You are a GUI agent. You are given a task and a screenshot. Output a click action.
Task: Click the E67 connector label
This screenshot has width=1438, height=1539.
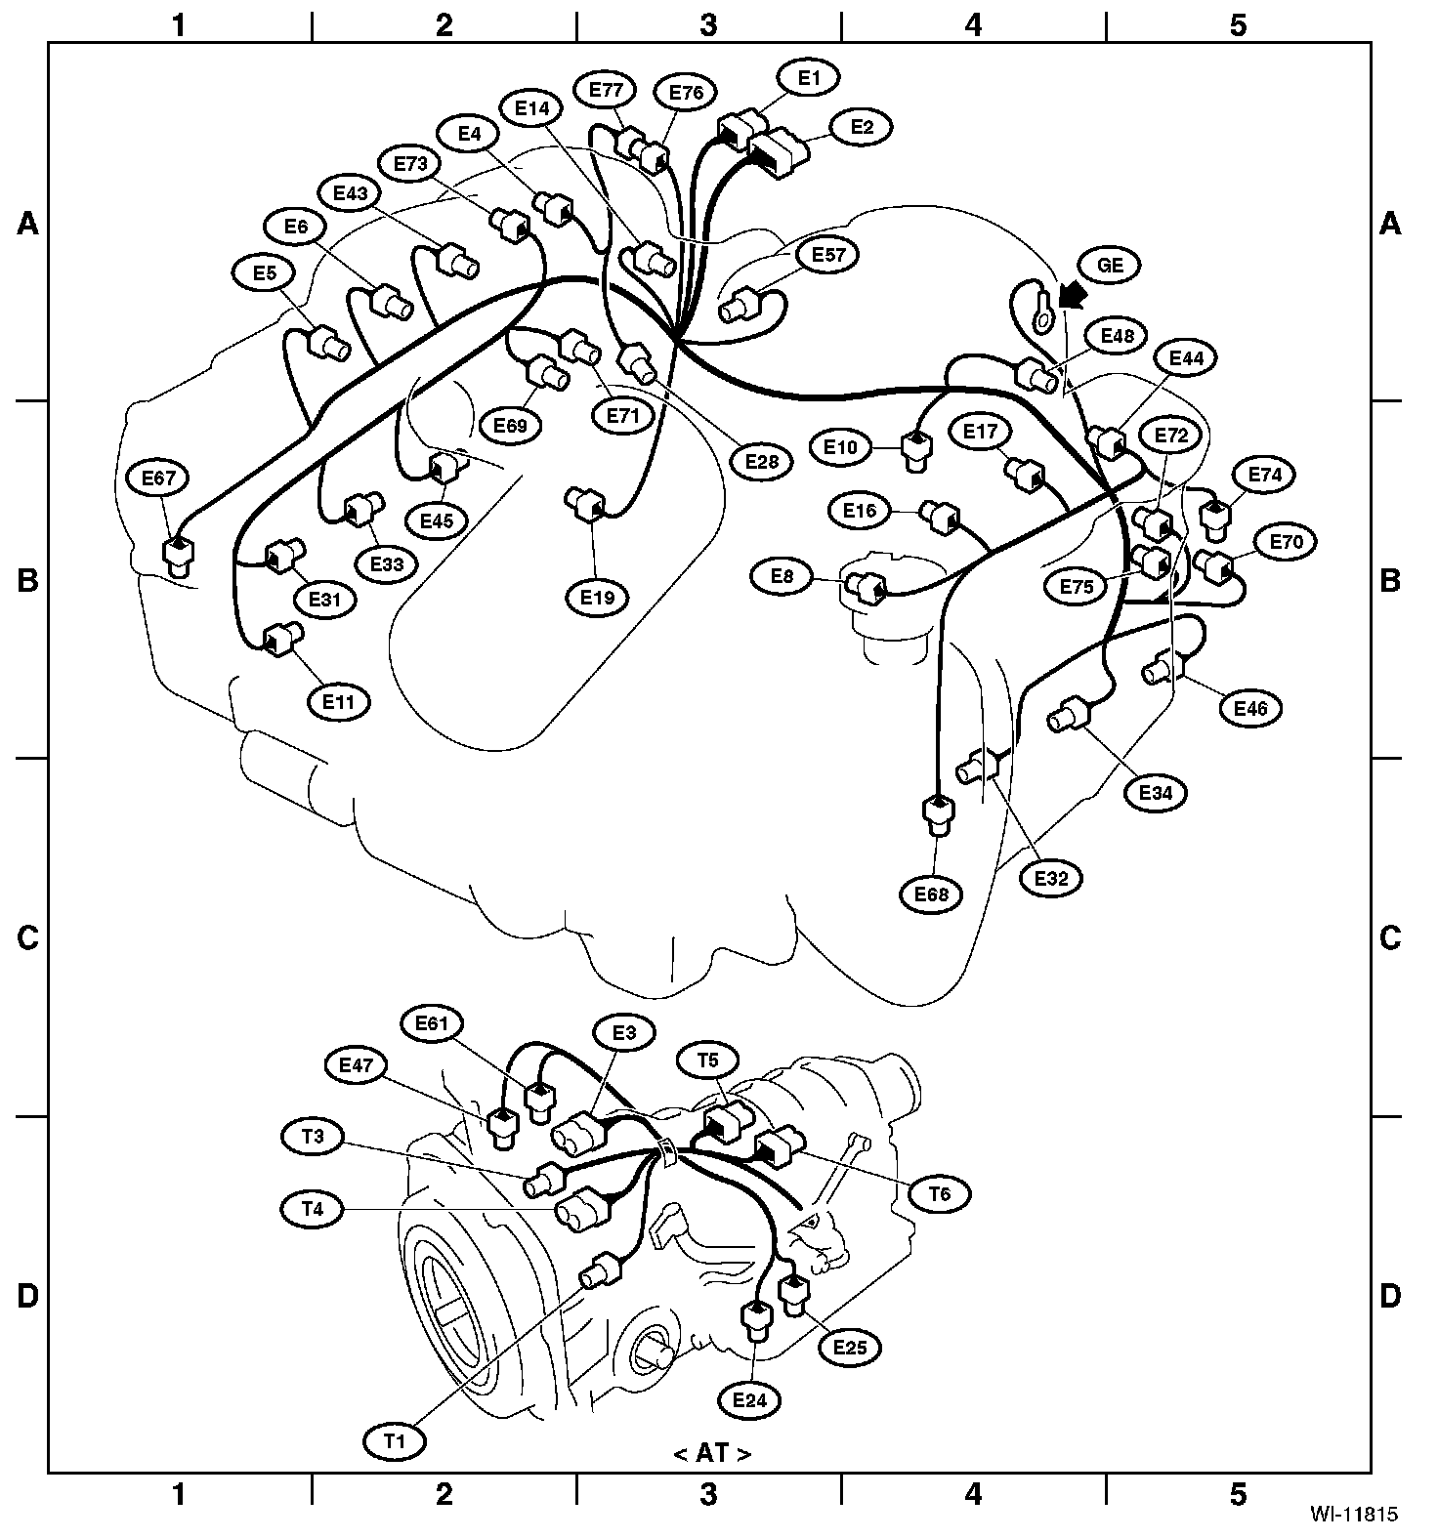[x=157, y=478]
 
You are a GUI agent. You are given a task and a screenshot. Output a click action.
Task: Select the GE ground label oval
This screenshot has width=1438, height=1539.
[x=1110, y=266]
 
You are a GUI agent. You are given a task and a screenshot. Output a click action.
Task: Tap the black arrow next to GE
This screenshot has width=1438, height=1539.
[x=1074, y=293]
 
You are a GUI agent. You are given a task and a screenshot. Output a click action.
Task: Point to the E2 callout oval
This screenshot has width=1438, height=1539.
[x=861, y=127]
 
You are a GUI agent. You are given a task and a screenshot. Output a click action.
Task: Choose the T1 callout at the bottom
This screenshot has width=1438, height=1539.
[x=394, y=1438]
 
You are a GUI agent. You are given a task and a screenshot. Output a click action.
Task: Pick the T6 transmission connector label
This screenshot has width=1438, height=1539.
[x=939, y=1192]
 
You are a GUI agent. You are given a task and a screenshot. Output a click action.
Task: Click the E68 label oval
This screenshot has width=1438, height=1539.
[x=931, y=894]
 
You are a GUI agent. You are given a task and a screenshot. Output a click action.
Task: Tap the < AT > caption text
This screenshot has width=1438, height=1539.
[x=712, y=1453]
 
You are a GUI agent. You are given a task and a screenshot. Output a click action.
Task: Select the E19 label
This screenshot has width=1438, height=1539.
[x=598, y=597]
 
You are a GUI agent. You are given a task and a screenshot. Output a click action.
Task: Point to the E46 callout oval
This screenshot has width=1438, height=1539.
[x=1250, y=708]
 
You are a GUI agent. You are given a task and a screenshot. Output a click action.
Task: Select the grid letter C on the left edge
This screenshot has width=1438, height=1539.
[x=27, y=938]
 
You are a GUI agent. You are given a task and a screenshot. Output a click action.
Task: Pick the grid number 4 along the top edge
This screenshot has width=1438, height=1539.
[x=973, y=24]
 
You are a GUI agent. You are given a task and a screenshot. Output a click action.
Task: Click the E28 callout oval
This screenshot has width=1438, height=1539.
[x=762, y=461]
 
